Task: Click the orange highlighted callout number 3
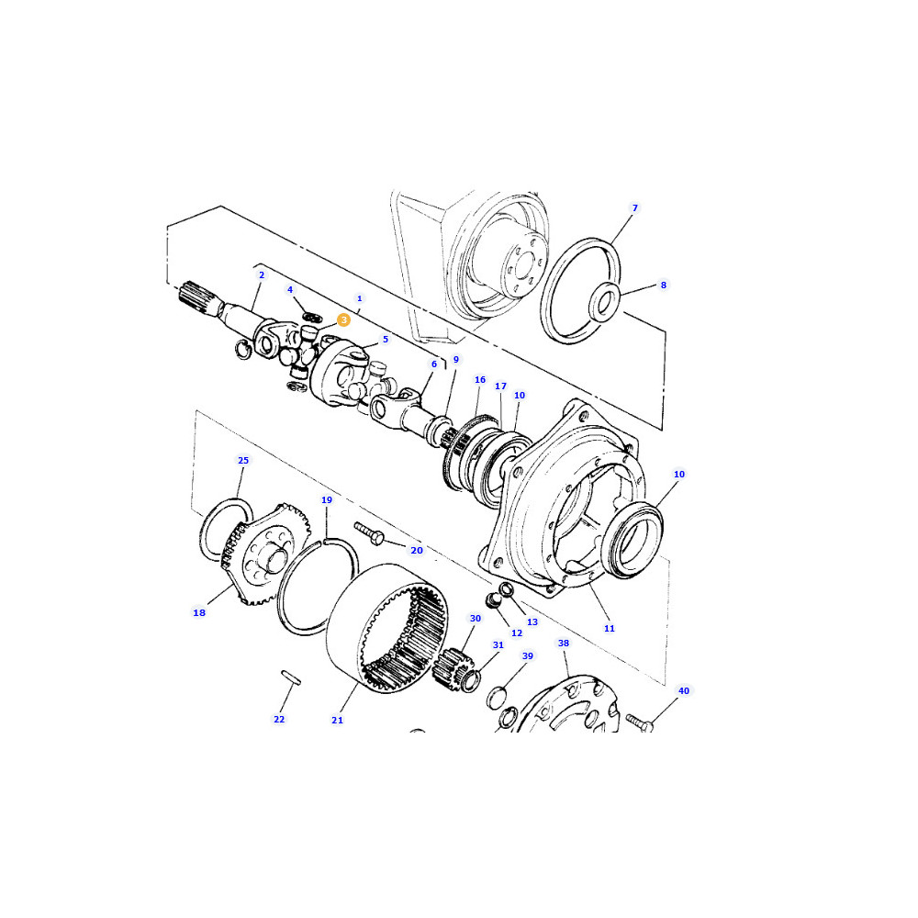[343, 319]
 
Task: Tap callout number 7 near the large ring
[634, 207]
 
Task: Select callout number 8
[664, 285]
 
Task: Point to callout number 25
[243, 460]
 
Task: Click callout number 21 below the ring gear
[337, 720]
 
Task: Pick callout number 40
[684, 691]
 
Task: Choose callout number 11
[610, 628]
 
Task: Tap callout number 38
[564, 643]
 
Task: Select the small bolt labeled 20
[369, 532]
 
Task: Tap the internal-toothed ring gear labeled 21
[387, 630]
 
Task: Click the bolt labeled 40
[639, 722]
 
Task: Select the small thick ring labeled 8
[604, 301]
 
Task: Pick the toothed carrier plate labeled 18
[264, 554]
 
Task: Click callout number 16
[480, 380]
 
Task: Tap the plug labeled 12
[495, 600]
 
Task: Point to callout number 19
[327, 500]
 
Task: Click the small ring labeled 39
[497, 697]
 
